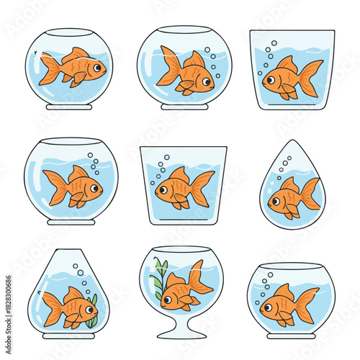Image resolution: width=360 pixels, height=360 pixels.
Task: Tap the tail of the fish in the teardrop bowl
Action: coord(310,194)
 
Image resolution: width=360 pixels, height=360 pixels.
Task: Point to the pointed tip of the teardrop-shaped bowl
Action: coord(293,142)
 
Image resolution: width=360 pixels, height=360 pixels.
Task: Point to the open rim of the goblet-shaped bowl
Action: coord(181,250)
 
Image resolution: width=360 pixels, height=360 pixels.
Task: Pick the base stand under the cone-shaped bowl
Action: coord(69,334)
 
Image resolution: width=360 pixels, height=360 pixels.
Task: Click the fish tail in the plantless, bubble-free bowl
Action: coord(49,68)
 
